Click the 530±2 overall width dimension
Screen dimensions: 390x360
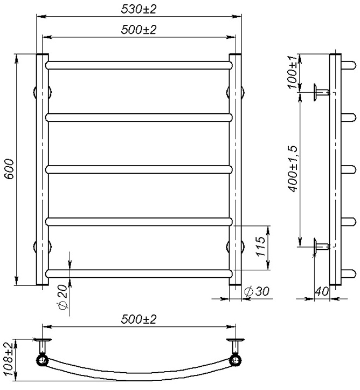pos(139,9)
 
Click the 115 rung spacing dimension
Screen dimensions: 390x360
pos(260,247)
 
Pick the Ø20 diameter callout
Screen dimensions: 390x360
pos(63,297)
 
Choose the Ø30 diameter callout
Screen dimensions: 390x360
pos(256,291)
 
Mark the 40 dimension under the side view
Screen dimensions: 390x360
pos(322,291)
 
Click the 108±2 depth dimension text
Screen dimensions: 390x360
pos(8,359)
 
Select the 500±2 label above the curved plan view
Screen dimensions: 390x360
pos(139,319)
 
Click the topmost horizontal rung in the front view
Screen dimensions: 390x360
pos(139,65)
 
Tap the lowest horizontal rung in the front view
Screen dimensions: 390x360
pos(139,273)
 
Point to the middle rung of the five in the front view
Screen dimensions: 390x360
pos(139,169)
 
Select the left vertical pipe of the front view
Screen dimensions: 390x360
pos(42,169)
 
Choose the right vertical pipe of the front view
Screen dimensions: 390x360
pos(236,169)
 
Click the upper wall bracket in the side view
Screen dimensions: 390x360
pos(322,92)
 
